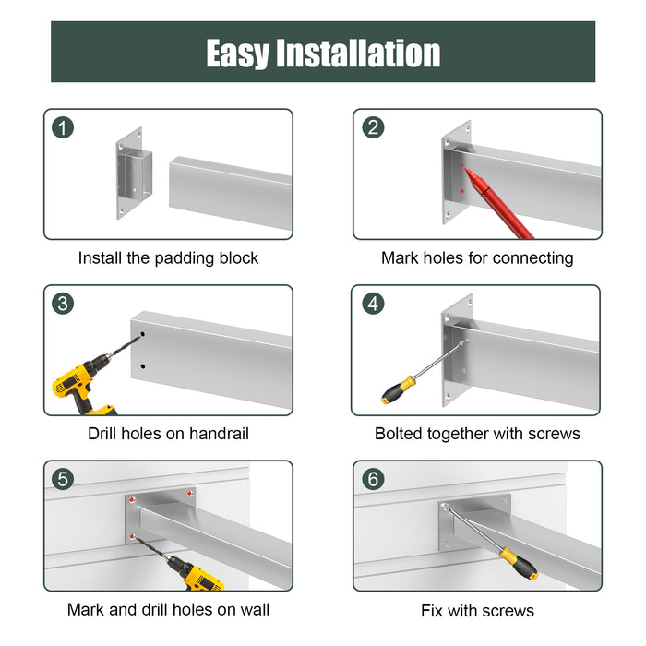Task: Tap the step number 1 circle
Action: [64, 127]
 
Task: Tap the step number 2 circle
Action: [374, 127]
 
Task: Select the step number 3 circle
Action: [64, 304]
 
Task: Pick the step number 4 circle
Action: [374, 304]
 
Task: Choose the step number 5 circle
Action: [64, 479]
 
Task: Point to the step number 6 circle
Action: [374, 479]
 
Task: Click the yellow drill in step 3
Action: [78, 382]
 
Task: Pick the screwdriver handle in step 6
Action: [518, 562]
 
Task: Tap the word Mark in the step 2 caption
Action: [401, 258]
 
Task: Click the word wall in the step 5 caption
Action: [252, 609]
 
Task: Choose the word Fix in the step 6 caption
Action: [435, 610]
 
